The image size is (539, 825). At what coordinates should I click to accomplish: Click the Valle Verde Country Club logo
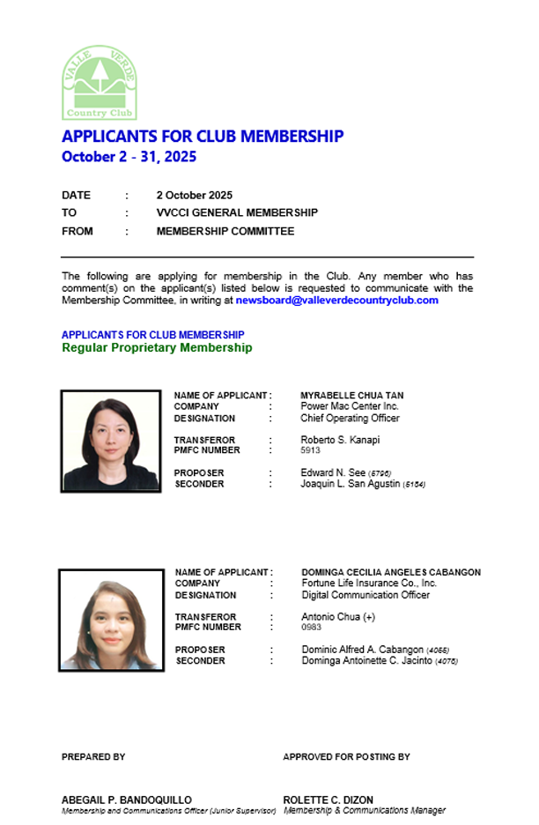[100, 82]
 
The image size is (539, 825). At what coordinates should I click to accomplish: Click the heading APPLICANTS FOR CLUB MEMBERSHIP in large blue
[203, 137]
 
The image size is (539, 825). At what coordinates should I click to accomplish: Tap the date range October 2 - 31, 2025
[129, 157]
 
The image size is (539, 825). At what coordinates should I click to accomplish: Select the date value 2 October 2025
[194, 195]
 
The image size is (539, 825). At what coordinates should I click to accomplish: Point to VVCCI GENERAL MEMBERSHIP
[237, 212]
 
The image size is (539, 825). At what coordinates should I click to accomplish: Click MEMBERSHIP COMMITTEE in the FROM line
[225, 231]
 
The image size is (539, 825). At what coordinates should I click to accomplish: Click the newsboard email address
[336, 301]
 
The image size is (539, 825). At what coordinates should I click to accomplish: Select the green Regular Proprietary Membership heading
[157, 347]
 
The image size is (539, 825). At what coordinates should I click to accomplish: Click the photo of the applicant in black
[110, 440]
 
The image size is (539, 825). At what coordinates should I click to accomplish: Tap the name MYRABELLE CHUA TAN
[351, 396]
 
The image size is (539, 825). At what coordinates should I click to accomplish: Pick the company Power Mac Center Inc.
[349, 406]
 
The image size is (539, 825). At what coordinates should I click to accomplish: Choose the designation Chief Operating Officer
[350, 418]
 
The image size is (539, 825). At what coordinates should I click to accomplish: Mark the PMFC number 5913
[311, 450]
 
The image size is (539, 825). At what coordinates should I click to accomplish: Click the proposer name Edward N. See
[332, 473]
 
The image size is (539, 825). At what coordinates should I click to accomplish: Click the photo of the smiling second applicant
[111, 620]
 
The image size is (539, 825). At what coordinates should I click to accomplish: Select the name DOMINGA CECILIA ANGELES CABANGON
[390, 572]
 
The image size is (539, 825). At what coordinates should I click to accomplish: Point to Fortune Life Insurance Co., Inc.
[368, 583]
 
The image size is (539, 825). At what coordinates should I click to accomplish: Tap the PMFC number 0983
[311, 628]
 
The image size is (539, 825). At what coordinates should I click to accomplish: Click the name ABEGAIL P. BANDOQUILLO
[126, 799]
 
